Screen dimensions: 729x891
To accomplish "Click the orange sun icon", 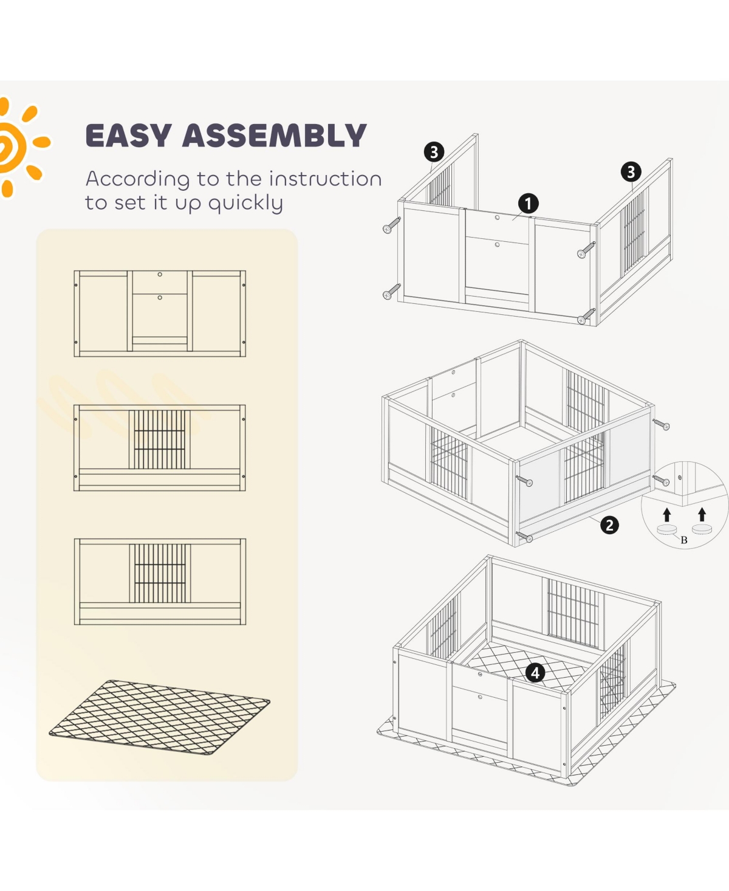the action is [17, 146].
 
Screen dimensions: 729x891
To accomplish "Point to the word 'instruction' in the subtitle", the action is [325, 179].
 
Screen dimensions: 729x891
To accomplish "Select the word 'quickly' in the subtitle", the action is [245, 203].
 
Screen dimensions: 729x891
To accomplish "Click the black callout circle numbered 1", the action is [528, 204].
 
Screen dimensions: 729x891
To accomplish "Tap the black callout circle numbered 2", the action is [609, 525].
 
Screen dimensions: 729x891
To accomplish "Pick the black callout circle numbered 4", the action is [535, 673].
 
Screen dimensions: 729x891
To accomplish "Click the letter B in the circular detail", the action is [684, 540].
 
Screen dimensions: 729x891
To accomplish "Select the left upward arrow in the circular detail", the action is [667, 515].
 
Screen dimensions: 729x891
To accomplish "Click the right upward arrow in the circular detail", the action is [702, 515].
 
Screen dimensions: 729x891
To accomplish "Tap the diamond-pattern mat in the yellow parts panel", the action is [159, 718].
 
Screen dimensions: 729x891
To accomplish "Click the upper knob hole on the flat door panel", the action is [160, 274].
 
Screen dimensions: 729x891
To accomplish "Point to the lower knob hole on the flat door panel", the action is [160, 297].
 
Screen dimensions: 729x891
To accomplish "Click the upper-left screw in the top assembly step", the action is [391, 225].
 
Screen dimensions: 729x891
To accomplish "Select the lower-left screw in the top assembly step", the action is [391, 292].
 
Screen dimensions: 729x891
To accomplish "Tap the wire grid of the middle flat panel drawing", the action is [160, 439].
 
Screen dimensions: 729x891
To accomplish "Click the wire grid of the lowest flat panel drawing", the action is [160, 573].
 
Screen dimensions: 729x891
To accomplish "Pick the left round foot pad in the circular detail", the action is [666, 529].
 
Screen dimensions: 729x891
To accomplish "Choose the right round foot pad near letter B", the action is [702, 529].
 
